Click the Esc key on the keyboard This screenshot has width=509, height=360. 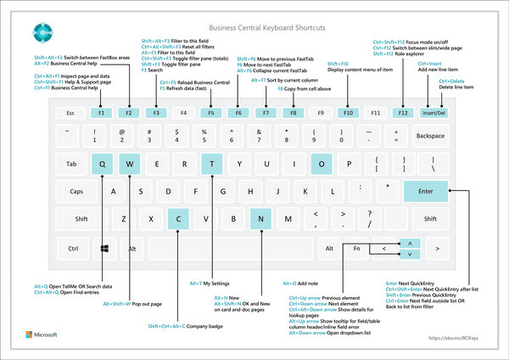coord(71,112)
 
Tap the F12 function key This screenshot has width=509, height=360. coord(403,112)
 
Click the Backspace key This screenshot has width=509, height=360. coord(430,135)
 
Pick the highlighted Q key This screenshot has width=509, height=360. coord(102,164)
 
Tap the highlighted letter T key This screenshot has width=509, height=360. coord(211,164)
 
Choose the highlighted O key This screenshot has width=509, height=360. coord(322,164)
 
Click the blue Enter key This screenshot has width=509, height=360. coord(426,192)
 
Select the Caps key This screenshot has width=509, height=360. coord(76,192)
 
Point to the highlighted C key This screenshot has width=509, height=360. coord(178,219)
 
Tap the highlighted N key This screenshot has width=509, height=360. coord(261,219)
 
